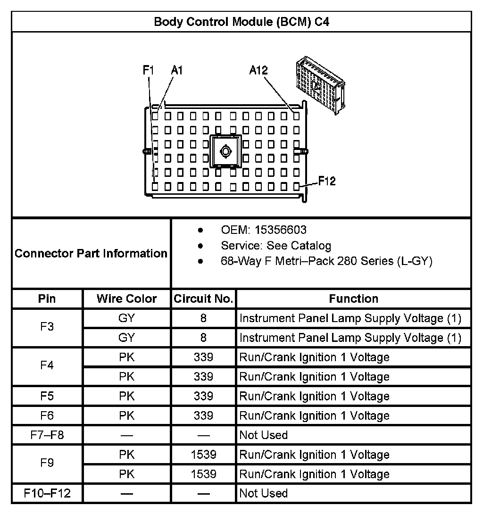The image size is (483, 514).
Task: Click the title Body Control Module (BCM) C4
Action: [x=241, y=22]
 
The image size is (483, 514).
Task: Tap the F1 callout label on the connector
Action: [x=149, y=70]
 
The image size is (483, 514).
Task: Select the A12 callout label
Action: [x=258, y=70]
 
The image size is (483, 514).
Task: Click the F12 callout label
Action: [x=326, y=181]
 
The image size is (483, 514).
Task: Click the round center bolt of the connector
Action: [x=225, y=151]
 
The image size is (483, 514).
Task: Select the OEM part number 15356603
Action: [x=280, y=230]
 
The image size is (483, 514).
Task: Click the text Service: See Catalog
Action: [x=276, y=246]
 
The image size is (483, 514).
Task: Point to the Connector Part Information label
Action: [x=91, y=253]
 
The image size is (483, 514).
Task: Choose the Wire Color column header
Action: [x=126, y=299]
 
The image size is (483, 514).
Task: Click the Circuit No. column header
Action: [x=203, y=299]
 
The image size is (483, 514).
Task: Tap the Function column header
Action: [x=353, y=299]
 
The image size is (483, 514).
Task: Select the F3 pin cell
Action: [x=47, y=328]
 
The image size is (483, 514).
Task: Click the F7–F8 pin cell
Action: [x=47, y=435]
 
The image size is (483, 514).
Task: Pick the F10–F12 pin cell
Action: [x=47, y=493]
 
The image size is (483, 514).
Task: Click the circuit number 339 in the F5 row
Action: [x=203, y=396]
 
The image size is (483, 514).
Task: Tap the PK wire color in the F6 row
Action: [x=126, y=415]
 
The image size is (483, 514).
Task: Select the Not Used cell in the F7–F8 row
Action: [x=263, y=435]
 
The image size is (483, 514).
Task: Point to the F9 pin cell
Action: [x=47, y=464]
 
